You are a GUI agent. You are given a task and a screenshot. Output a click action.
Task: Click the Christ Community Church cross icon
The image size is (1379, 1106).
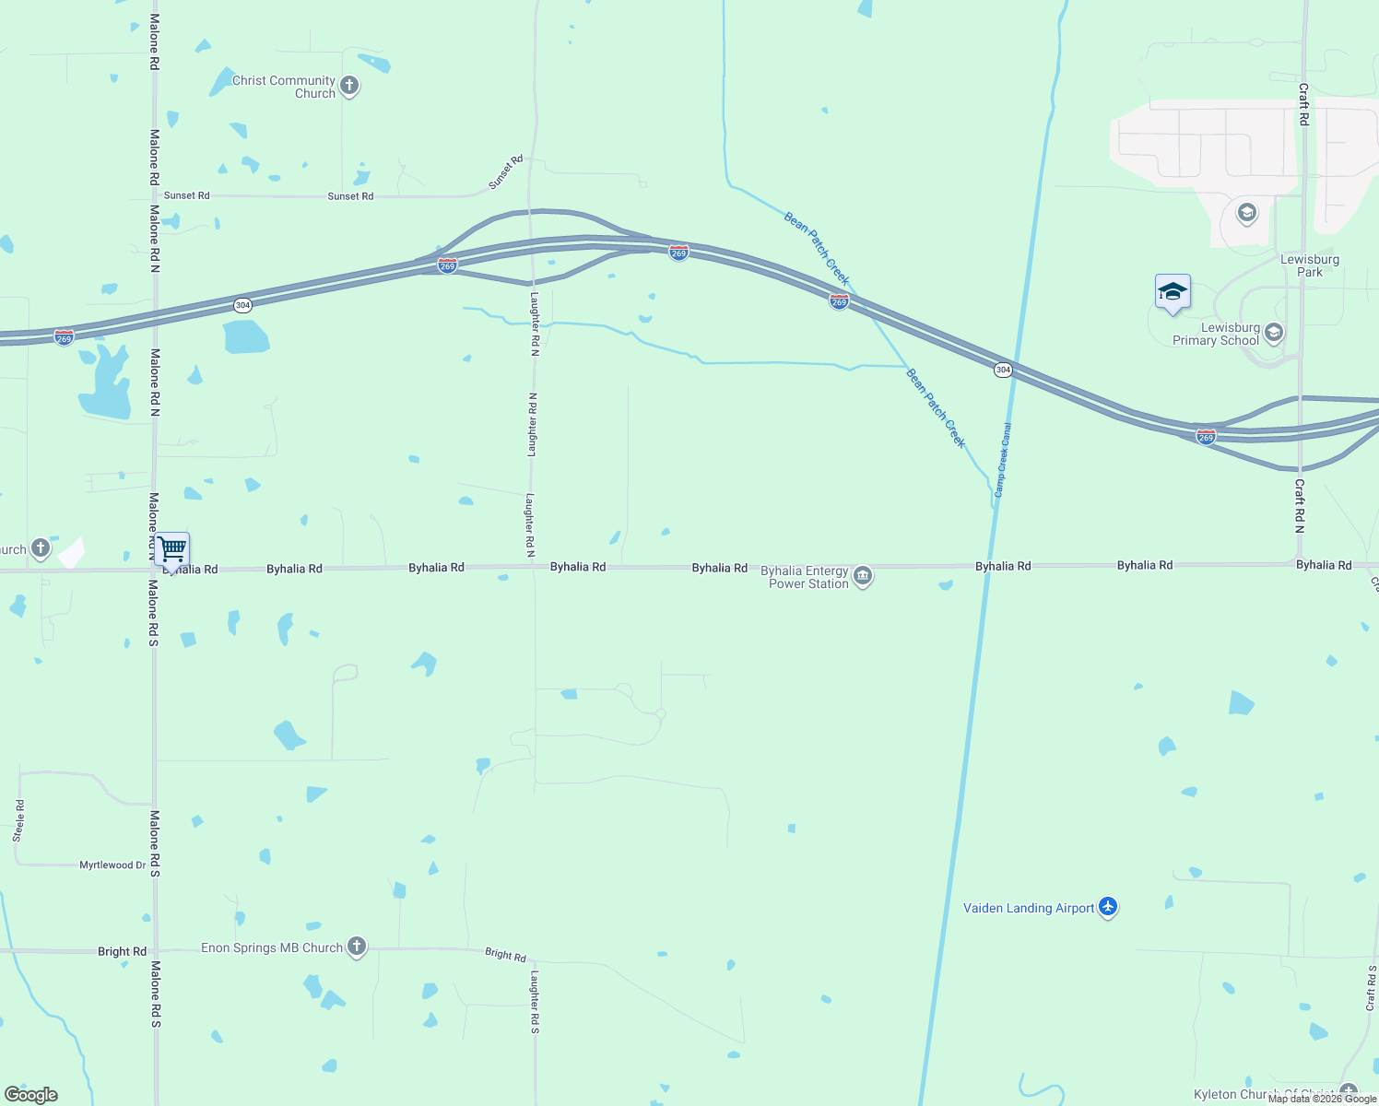(349, 87)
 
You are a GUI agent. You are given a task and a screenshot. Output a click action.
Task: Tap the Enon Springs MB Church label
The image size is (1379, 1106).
(272, 947)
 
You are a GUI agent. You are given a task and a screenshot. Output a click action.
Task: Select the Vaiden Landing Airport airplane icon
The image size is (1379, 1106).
(1108, 907)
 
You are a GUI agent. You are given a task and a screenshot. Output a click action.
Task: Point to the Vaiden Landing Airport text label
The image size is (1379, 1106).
(1029, 908)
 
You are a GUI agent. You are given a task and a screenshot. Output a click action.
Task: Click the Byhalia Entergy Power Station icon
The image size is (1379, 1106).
(863, 576)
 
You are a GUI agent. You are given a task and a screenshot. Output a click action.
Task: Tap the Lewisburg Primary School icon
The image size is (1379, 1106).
(1274, 332)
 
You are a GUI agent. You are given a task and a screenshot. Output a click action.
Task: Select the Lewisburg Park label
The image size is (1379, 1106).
(1310, 265)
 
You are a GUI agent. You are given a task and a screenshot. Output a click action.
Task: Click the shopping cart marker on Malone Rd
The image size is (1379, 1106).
(172, 550)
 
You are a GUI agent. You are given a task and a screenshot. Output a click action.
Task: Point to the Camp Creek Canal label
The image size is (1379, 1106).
(1002, 460)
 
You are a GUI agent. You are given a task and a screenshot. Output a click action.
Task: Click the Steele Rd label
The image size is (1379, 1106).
(18, 820)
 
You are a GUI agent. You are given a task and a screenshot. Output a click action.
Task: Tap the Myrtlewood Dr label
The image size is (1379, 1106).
(112, 865)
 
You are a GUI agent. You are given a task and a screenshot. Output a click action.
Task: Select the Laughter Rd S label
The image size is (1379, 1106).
(534, 1001)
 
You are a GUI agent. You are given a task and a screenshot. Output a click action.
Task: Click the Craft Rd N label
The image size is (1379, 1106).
(1299, 505)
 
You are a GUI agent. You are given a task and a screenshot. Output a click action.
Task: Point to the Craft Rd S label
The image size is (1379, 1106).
(1372, 988)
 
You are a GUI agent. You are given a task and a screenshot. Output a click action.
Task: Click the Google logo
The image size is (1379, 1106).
(31, 1095)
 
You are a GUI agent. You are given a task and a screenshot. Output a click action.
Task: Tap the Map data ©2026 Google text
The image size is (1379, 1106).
(1322, 1099)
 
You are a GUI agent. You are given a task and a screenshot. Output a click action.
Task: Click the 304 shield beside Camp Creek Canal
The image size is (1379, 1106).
(1003, 370)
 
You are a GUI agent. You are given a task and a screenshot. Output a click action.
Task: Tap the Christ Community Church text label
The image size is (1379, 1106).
(284, 87)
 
